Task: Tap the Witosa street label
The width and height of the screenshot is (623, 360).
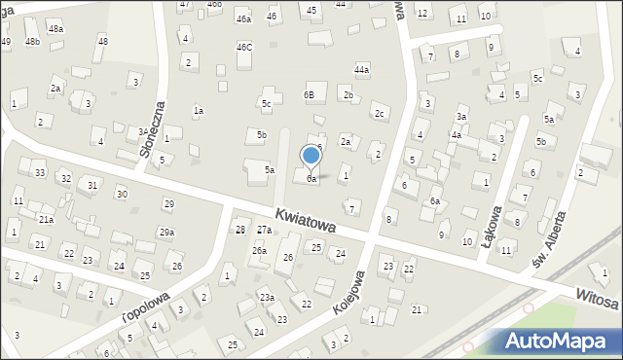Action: [596, 299]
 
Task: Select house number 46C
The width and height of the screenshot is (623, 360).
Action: [244, 47]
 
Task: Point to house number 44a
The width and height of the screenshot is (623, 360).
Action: [362, 70]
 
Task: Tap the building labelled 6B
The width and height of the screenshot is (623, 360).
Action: [309, 95]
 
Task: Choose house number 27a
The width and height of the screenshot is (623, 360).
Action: [264, 230]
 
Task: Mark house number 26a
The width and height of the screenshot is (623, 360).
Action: [259, 251]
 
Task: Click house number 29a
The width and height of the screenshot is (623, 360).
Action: [166, 233]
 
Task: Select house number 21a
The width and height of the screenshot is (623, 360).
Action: [46, 220]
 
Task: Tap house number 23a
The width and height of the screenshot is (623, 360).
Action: [266, 298]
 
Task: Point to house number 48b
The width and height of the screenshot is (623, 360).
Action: [33, 42]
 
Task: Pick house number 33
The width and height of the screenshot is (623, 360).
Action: [39, 173]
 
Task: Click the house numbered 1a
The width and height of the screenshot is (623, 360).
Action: [198, 111]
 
